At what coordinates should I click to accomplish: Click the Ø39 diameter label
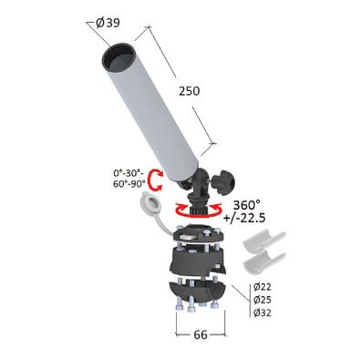pyautogui.click(x=108, y=23)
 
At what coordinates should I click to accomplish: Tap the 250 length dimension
pyautogui.click(x=190, y=91)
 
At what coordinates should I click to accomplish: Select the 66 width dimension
pyautogui.click(x=201, y=334)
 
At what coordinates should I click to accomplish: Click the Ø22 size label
pyautogui.click(x=262, y=286)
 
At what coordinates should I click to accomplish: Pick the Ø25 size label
pyautogui.click(x=262, y=300)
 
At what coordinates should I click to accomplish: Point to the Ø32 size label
pyautogui.click(x=262, y=313)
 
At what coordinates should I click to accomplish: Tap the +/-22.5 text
pyautogui.click(x=244, y=218)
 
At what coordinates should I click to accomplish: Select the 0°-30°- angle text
pyautogui.click(x=129, y=173)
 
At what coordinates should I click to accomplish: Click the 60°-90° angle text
pyautogui.click(x=129, y=184)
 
